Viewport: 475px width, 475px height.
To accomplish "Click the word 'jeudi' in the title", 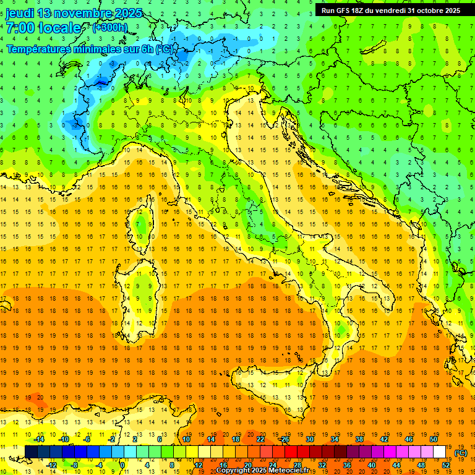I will pyautogui.click(x=19, y=13).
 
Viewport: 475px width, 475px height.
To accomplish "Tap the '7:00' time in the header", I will pyautogui.click(x=21, y=28).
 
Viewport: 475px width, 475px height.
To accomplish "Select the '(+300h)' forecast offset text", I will pyautogui.click(x=109, y=28).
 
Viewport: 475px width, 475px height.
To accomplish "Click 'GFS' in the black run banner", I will pyautogui.click(x=346, y=11).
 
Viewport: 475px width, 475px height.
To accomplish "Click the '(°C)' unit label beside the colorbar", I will pyautogui.click(x=460, y=453).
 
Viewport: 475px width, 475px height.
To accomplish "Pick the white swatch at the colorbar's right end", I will pyautogui.click(x=440, y=452).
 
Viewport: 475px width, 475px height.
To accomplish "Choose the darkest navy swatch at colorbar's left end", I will pyautogui.click(x=31, y=452).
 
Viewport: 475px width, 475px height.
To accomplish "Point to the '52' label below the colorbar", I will pyautogui.click(x=446, y=465).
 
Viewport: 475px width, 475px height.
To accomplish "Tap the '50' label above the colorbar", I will pyautogui.click(x=434, y=439).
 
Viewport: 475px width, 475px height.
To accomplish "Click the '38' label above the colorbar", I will pyautogui.click(x=359, y=439).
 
